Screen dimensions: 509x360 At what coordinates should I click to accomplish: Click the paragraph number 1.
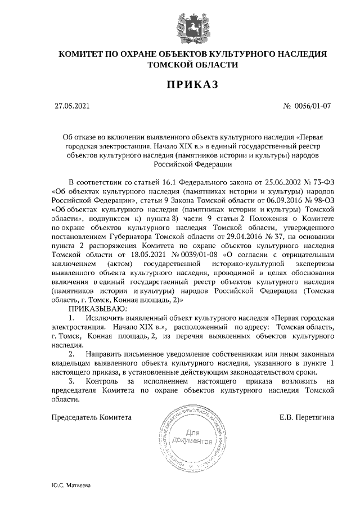click(71, 318)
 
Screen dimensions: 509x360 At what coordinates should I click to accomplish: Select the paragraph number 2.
click(71, 355)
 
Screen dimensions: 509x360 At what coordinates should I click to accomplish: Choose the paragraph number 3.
click(71, 382)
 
